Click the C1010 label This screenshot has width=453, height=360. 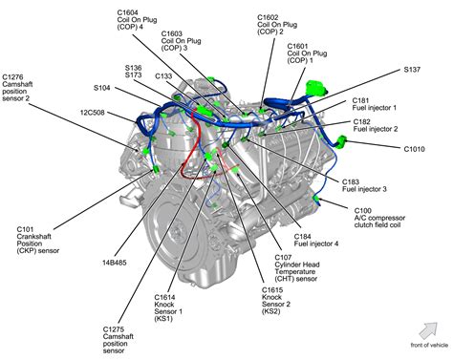pos(415,149)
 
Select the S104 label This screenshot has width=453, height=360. pos(101,88)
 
